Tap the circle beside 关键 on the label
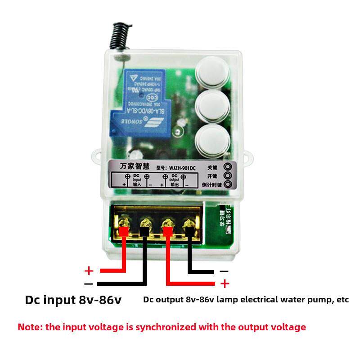[228, 166]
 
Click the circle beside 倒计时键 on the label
[228, 184]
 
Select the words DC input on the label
[137, 179]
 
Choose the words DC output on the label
[175, 179]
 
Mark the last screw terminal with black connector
[189, 224]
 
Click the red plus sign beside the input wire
[89, 271]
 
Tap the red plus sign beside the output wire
[224, 283]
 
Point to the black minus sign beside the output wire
[224, 271]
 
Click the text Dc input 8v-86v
[73, 300]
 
